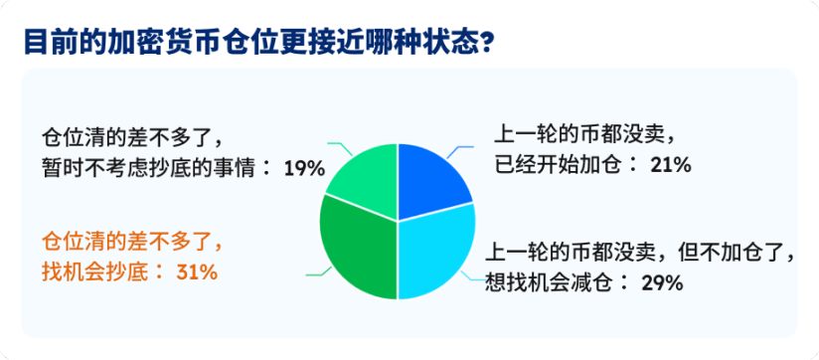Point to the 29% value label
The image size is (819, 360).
pyautogui.click(x=661, y=283)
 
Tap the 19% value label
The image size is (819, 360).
pyautogui.click(x=304, y=168)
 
